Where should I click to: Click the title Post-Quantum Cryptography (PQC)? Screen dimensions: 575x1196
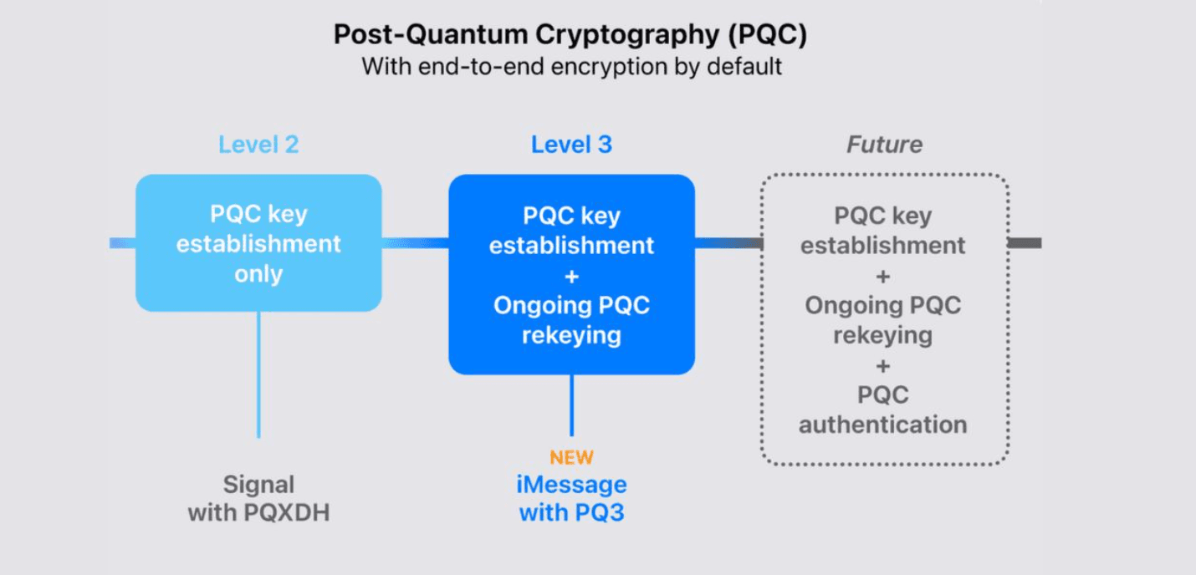571,34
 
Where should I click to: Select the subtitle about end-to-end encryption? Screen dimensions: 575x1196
571,67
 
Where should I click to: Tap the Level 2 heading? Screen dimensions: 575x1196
258,145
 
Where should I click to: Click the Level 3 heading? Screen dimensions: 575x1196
571,145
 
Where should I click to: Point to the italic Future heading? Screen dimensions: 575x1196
884,145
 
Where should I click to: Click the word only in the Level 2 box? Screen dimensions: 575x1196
258,274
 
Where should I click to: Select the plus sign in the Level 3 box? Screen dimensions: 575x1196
571,276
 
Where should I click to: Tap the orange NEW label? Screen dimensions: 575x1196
571,457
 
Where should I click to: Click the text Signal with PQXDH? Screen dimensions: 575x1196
258,499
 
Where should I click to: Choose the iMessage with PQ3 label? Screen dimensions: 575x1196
571,499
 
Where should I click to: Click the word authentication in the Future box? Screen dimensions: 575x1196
882,425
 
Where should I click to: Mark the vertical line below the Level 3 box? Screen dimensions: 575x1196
571,405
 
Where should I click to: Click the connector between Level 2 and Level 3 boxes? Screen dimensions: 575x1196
415,243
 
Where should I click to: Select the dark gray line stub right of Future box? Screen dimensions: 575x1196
1025,243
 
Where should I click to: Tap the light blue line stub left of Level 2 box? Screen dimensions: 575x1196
122,243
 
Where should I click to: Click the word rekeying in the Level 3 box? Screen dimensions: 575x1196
571,335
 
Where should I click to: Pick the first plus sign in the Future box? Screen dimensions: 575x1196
882,276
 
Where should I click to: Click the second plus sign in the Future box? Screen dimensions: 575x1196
882,365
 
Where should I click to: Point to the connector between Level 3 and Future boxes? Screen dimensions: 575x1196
727,243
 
